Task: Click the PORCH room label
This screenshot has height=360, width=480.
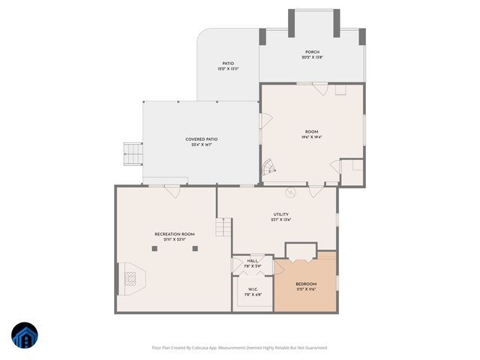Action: pyautogui.click(x=311, y=52)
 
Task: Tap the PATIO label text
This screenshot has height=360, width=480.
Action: pyautogui.click(x=228, y=64)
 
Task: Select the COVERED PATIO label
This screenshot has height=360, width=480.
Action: pyautogui.click(x=202, y=139)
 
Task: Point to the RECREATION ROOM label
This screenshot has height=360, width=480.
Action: pyautogui.click(x=175, y=234)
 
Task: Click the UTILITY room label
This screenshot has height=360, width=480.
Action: pyautogui.click(x=281, y=214)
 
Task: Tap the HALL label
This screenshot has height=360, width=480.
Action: pyautogui.click(x=252, y=260)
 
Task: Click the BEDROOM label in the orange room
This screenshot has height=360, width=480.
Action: pyautogui.click(x=306, y=283)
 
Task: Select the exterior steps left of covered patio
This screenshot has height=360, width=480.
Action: pyautogui.click(x=132, y=154)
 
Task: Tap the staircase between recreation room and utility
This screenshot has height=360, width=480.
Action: pyautogui.click(x=223, y=226)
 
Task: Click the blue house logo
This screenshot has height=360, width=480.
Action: pyautogui.click(x=24, y=336)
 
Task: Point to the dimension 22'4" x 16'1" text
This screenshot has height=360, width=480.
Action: pyautogui.click(x=202, y=145)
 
